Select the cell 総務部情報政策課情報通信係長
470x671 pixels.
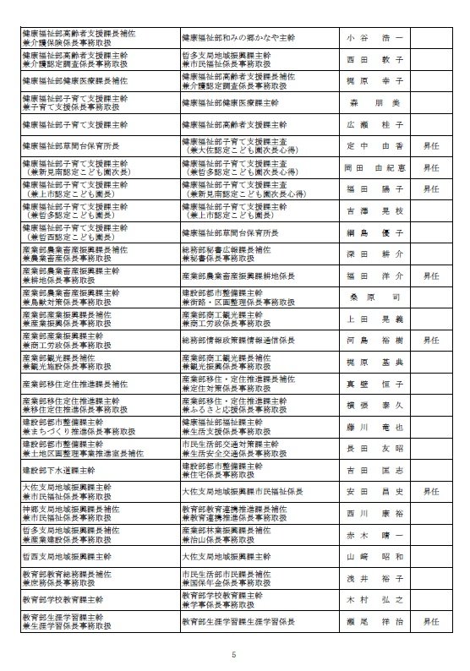pos(238,341)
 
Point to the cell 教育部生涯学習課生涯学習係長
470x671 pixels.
pos(238,622)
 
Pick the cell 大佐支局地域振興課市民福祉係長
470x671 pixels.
pos(238,491)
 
